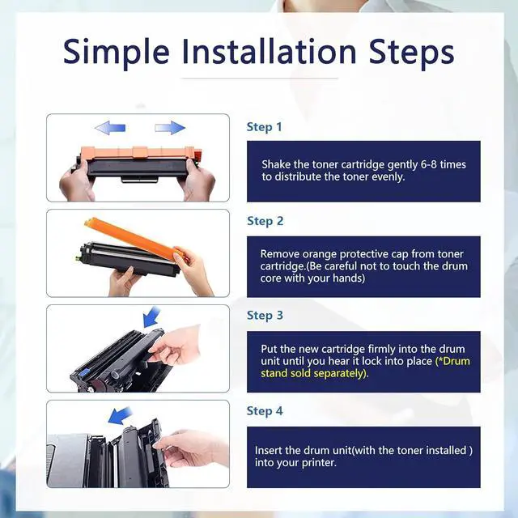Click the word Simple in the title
pos(117,52)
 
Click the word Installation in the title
pos(270,51)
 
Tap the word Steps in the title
pos(411,52)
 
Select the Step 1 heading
pos(265,127)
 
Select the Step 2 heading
pos(265,221)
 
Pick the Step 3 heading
pos(265,316)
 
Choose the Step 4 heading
pos(265,411)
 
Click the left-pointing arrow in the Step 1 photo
pos(110,128)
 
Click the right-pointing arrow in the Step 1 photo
pos(170,128)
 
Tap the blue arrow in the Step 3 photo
pos(151,317)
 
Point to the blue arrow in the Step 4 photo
pos(120,415)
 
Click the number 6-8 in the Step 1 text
pos(429,164)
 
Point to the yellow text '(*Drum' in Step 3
pos(452,361)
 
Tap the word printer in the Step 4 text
pos(318,463)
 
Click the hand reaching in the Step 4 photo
pos(192,448)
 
